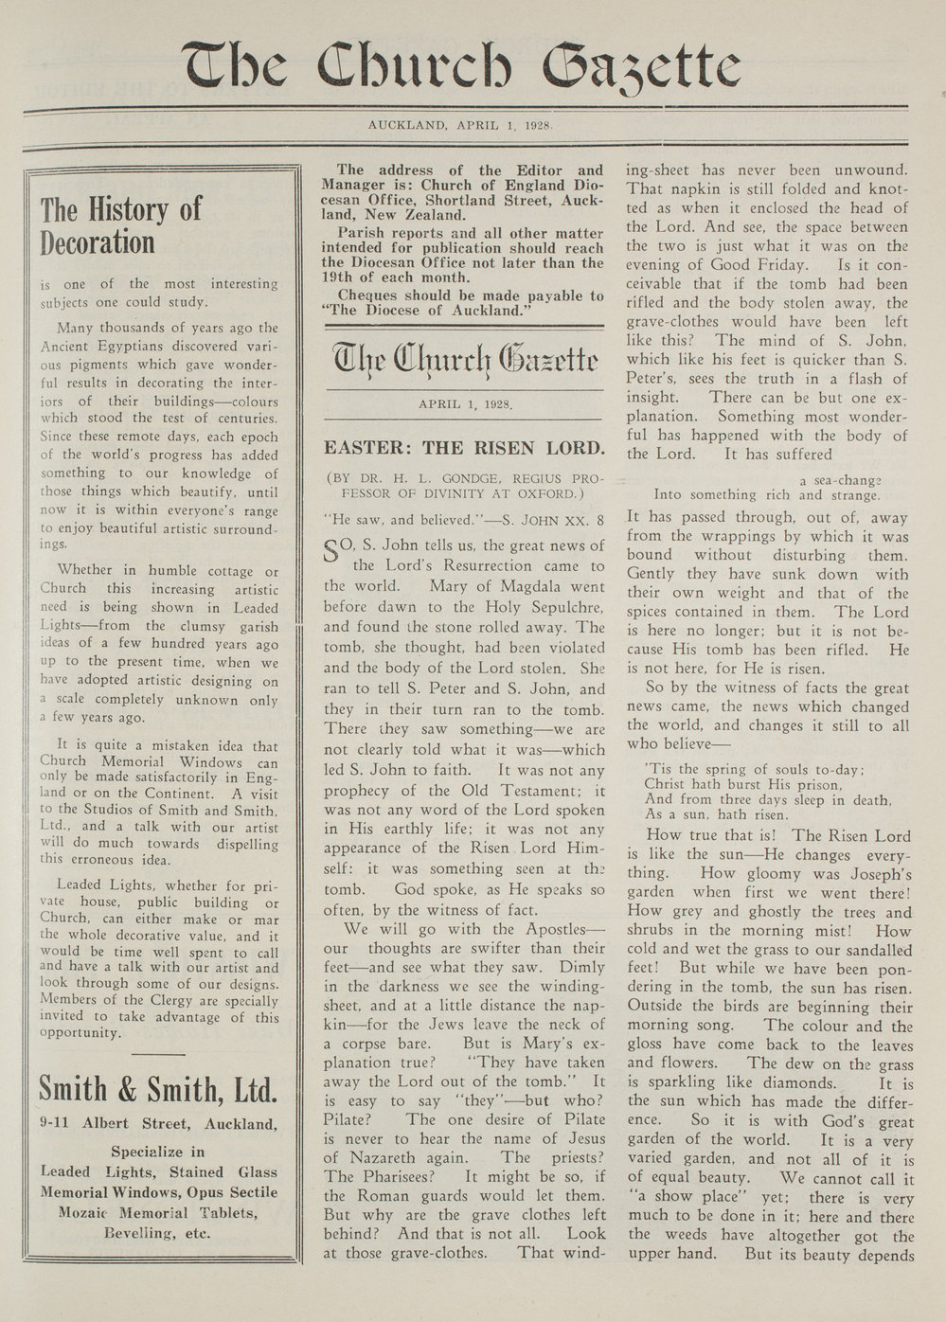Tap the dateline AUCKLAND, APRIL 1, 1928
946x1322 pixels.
click(460, 124)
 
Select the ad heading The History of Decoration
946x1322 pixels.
click(121, 225)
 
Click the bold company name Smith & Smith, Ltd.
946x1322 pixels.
click(158, 1090)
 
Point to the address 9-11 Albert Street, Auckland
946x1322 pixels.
click(158, 1125)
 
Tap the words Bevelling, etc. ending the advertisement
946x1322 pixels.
click(158, 1233)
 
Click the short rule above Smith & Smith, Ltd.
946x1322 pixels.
click(158, 1053)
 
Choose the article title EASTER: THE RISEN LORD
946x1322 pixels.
click(463, 448)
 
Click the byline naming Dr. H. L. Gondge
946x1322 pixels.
click(463, 484)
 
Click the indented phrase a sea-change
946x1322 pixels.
click(840, 479)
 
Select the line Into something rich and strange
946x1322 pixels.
click(767, 494)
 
